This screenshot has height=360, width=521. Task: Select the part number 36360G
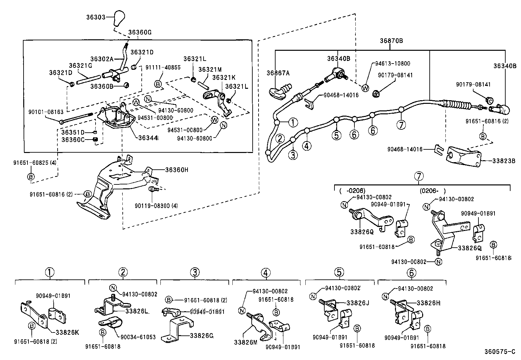click(140, 32)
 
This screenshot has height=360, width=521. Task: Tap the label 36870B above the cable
click(391, 41)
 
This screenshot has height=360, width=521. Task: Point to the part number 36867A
click(278, 73)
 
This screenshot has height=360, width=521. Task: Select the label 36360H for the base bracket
click(177, 170)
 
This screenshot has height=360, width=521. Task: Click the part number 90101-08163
click(46, 112)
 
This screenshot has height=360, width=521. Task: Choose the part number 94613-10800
click(392, 64)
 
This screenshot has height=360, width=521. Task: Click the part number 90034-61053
click(138, 337)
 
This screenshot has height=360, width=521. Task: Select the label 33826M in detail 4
click(245, 342)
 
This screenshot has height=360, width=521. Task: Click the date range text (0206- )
click(433, 191)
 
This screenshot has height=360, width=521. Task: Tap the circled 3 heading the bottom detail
click(194, 272)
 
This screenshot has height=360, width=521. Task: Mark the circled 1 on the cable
click(293, 123)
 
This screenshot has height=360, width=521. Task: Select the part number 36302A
click(102, 59)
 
